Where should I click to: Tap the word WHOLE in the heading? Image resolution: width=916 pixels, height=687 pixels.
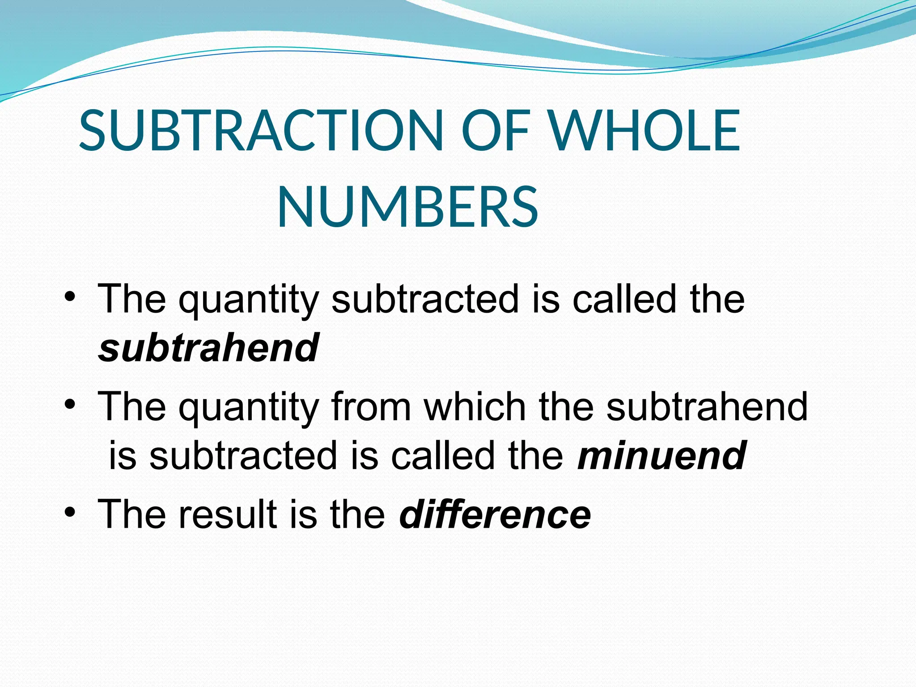tap(644, 130)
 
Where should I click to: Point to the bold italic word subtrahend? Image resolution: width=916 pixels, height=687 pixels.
tap(208, 348)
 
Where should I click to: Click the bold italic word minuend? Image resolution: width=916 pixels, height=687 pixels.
tap(662, 455)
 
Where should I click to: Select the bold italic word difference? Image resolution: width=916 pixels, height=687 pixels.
tap(495, 514)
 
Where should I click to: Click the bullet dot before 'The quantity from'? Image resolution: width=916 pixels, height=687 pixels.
tap(69, 404)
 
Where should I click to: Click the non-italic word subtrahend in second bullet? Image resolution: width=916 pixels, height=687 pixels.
tap(707, 407)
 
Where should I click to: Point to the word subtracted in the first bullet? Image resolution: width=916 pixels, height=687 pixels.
tap(425, 299)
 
